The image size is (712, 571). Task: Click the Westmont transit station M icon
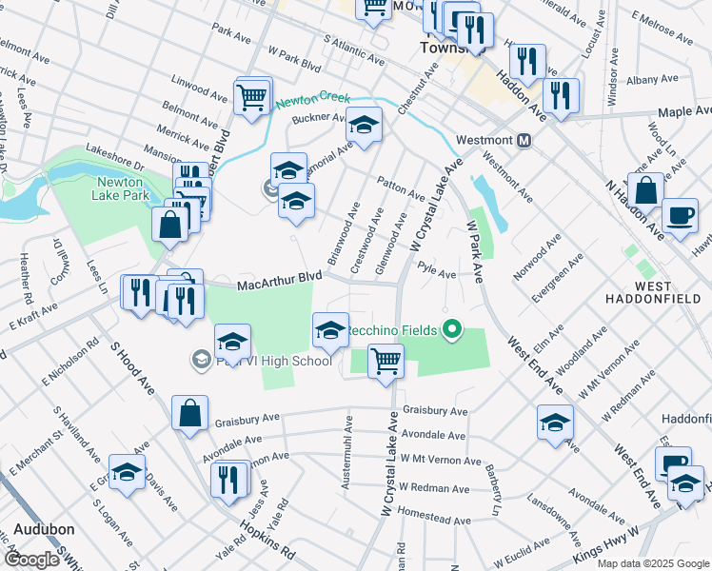click(x=524, y=140)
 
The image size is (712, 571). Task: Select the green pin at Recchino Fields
click(x=453, y=330)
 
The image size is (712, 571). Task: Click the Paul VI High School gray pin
click(x=202, y=359)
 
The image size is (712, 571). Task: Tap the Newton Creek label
click(x=313, y=99)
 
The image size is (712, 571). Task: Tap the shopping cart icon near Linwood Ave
click(x=252, y=95)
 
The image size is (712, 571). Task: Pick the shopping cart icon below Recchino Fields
click(x=386, y=361)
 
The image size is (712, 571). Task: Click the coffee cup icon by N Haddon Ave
click(x=680, y=215)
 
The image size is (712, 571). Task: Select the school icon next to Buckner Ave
click(x=363, y=125)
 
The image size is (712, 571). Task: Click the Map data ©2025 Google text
click(x=653, y=563)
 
